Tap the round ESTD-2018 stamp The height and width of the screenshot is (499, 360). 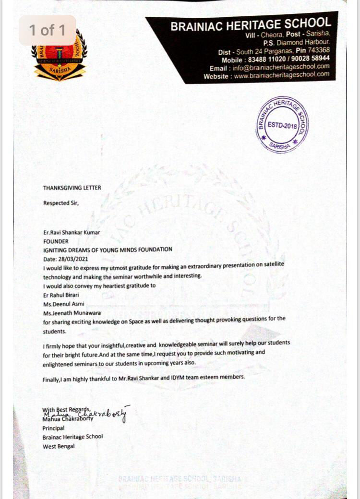click(282, 125)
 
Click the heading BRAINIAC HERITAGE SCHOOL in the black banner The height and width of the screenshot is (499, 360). click(251, 24)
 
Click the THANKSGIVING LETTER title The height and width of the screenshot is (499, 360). click(72, 188)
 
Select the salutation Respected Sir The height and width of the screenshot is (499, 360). click(60, 203)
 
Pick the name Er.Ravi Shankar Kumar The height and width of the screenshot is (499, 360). click(72, 233)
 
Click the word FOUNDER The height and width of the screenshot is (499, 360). click(56, 241)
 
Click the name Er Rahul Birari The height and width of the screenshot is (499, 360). click(61, 295)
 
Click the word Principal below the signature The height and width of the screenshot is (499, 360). click(53, 428)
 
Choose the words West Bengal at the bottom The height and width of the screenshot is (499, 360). click(59, 446)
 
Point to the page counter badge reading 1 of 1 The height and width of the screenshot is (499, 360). click(47, 30)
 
